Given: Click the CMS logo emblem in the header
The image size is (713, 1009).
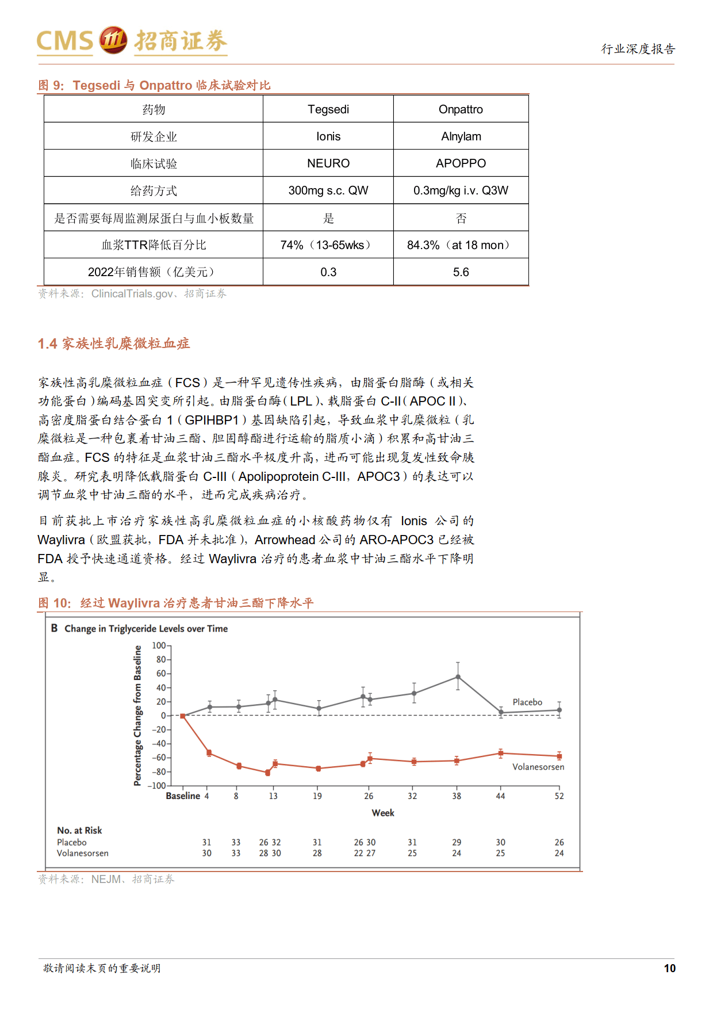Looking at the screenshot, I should coord(113,40).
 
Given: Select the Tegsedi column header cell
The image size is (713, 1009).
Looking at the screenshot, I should coord(328,109).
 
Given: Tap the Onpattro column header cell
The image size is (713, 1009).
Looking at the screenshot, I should coord(461,109).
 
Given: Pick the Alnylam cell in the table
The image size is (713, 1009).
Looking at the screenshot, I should coord(461,136).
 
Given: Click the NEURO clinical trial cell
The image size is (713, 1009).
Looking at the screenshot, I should coord(328,163).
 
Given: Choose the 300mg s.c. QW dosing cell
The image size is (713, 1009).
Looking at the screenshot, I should coord(328,190).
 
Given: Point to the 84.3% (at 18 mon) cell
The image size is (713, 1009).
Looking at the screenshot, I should coord(461,245).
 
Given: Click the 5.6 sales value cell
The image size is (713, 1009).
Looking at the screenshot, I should coord(461,272).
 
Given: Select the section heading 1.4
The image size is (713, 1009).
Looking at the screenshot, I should coord(114,343).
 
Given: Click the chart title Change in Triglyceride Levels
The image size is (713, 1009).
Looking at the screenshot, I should coord(146,629).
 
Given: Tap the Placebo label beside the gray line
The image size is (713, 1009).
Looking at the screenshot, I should coord(527,702).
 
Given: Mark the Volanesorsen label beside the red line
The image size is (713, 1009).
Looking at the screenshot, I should coord(538,767).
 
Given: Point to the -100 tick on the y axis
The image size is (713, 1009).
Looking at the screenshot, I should coord(158,786).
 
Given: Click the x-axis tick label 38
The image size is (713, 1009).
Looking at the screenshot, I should coord(457,796).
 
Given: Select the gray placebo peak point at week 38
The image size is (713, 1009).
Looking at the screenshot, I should coord(458,677).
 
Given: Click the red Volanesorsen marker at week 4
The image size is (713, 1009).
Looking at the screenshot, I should coord(209,753).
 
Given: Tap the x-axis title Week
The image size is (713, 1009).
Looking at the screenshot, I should coord(383,813).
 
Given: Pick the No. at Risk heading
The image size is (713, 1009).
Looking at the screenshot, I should coord(79,830).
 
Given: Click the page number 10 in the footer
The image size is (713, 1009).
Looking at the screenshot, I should coord(669,968).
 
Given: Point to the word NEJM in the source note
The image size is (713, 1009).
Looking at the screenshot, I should coord(106,879).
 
